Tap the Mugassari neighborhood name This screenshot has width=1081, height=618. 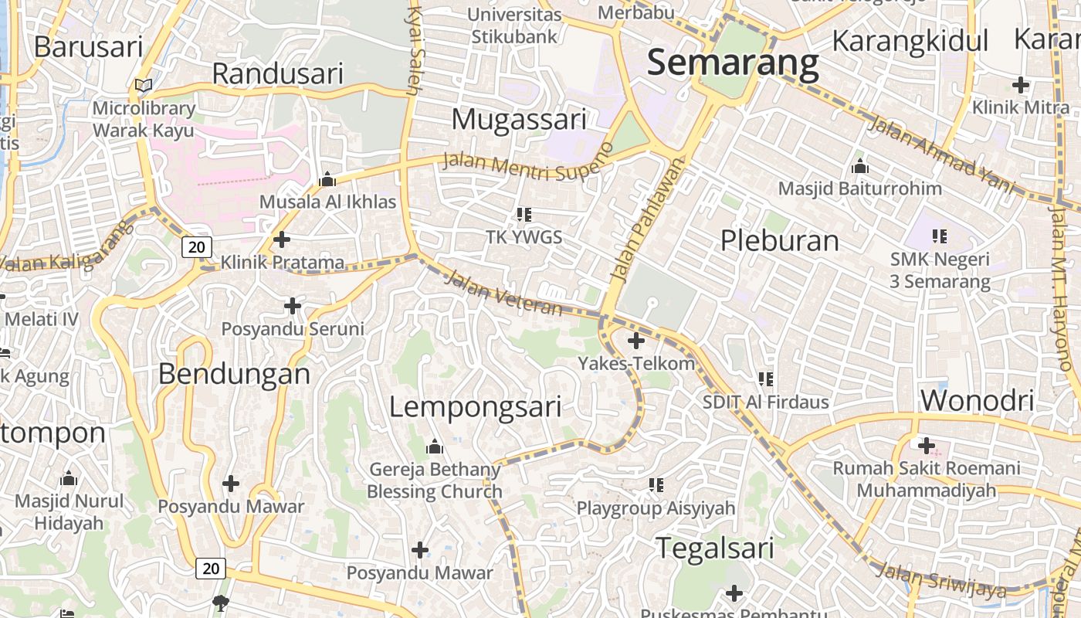pyautogui.click(x=519, y=120)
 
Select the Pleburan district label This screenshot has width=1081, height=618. pyautogui.click(x=779, y=241)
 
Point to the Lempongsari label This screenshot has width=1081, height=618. pyautogui.click(x=475, y=407)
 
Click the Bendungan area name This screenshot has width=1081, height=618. pyautogui.click(x=234, y=375)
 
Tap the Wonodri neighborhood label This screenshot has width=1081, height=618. pyautogui.click(x=977, y=400)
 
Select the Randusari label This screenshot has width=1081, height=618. pyautogui.click(x=277, y=74)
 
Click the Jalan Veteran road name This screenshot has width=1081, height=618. pyautogui.click(x=504, y=293)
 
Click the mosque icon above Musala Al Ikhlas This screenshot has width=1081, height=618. pyautogui.click(x=327, y=180)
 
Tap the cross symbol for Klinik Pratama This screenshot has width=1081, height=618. pyautogui.click(x=282, y=239)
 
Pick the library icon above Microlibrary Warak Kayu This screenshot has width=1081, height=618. pyautogui.click(x=144, y=85)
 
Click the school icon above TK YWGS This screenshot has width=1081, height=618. pyautogui.click(x=524, y=214)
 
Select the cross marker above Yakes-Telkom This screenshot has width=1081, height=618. pyautogui.click(x=636, y=340)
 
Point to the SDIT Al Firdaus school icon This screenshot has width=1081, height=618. pyautogui.click(x=765, y=379)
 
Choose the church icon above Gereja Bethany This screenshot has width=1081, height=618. pyautogui.click(x=435, y=447)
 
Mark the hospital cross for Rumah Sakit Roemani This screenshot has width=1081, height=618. pyautogui.click(x=926, y=445)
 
